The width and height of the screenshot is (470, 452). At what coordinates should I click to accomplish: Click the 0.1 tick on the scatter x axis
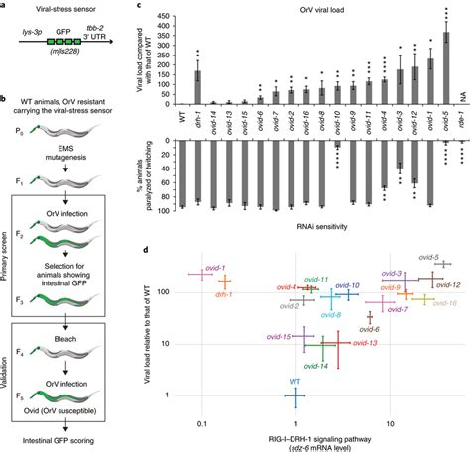(x=201, y=423)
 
